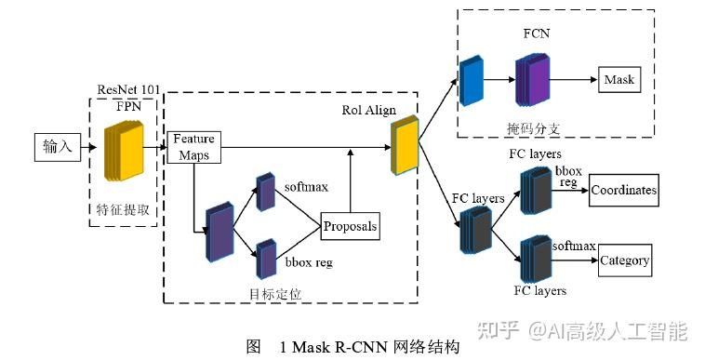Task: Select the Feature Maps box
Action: [193, 146]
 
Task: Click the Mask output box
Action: [619, 79]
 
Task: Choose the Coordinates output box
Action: [623, 190]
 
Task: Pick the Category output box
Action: [624, 260]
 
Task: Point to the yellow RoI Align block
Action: [406, 146]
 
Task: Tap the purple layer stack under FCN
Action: [532, 79]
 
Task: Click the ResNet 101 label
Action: [129, 90]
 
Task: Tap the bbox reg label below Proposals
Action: [309, 262]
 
